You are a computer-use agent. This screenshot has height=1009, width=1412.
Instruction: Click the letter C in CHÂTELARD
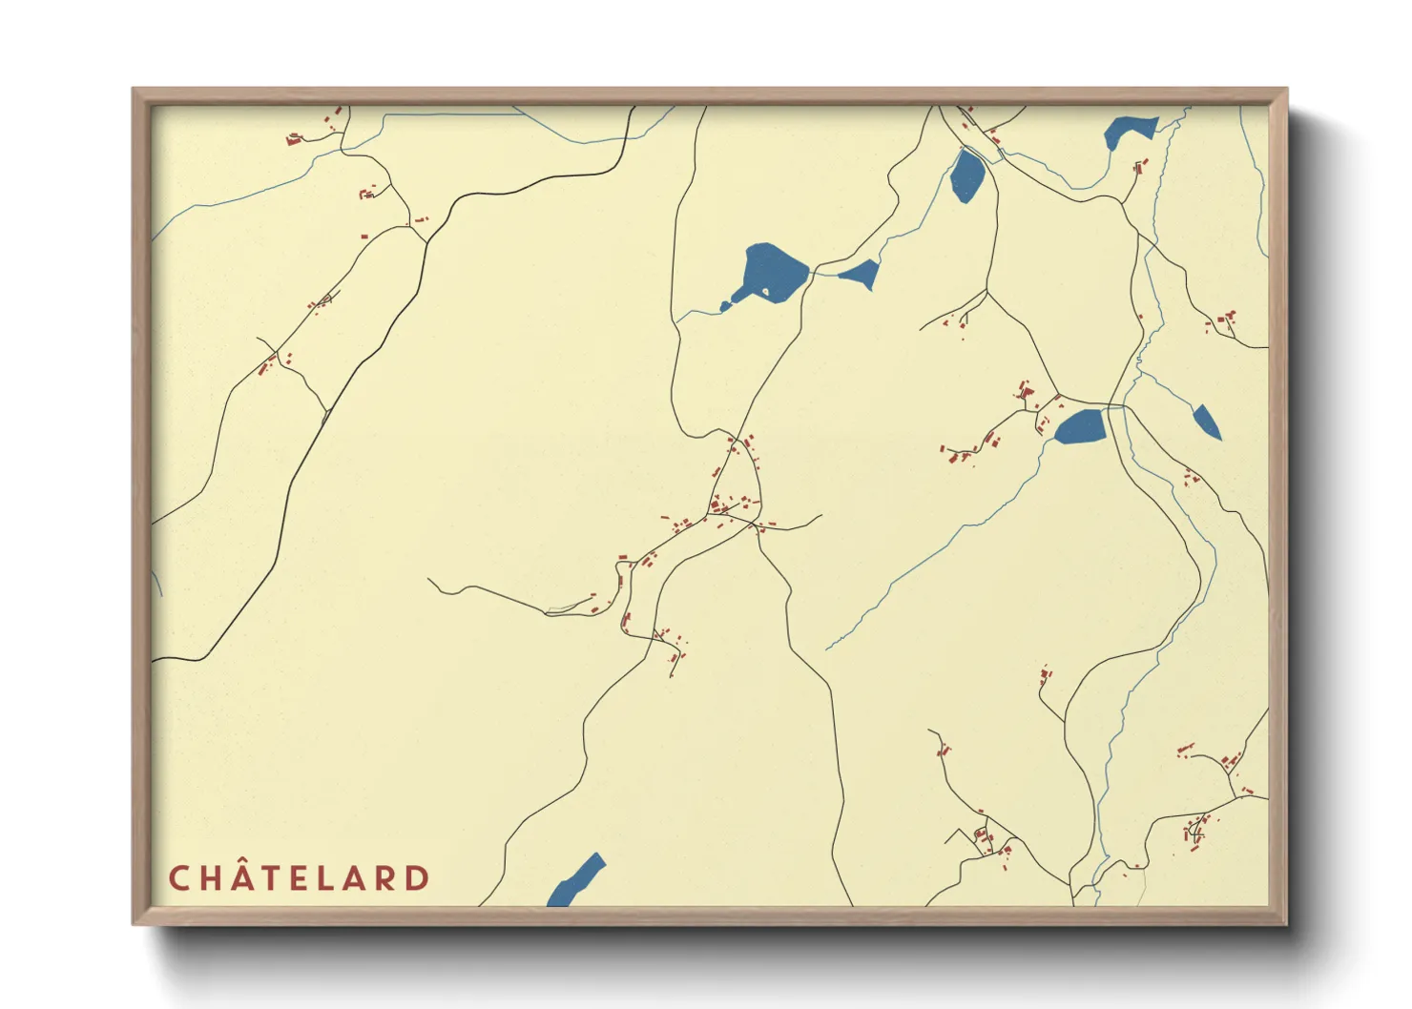(179, 878)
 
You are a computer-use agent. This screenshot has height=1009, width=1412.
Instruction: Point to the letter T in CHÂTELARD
(272, 878)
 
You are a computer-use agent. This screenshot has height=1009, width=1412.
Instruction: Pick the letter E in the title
(300, 878)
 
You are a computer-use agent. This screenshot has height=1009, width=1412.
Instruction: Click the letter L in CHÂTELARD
(326, 878)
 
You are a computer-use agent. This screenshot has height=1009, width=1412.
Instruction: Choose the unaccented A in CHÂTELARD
(355, 878)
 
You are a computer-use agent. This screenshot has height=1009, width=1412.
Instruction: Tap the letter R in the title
(386, 878)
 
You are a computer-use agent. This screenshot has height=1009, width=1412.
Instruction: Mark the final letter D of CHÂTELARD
(418, 878)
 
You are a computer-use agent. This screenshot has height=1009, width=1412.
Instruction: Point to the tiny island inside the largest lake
(765, 291)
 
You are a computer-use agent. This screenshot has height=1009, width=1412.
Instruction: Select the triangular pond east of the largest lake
(862, 275)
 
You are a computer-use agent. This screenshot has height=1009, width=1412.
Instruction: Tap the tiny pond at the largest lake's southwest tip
(725, 306)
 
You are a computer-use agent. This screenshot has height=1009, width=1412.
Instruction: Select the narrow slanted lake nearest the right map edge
(1207, 421)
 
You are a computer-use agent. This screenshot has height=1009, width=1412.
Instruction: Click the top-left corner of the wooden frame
(134, 90)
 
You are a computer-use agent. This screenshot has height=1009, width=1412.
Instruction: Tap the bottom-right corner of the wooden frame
(1286, 923)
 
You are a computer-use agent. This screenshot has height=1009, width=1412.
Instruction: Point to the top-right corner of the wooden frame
(1286, 90)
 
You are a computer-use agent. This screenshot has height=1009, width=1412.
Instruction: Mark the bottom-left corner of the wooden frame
(134, 923)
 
